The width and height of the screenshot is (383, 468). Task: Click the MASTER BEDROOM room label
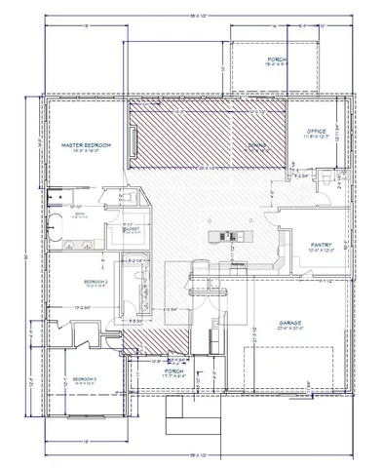click(x=85, y=144)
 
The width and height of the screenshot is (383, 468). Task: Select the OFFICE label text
click(x=316, y=130)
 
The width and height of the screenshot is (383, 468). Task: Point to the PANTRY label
click(x=323, y=245)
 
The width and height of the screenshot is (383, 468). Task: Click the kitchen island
click(x=226, y=236)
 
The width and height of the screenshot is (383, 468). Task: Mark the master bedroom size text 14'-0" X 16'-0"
click(x=85, y=151)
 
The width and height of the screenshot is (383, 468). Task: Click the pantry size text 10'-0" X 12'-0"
click(x=323, y=252)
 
